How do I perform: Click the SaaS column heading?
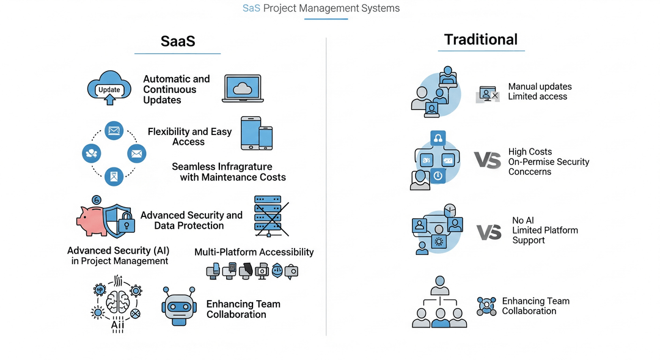pyautogui.click(x=178, y=42)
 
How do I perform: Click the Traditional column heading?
pyautogui.click(x=481, y=40)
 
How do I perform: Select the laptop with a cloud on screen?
pyautogui.click(x=243, y=89)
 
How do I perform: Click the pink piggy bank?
pyautogui.click(x=91, y=220)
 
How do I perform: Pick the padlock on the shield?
pyautogui.click(x=127, y=222)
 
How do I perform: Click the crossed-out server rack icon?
pyautogui.click(x=271, y=216)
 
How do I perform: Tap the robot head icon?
pyautogui.click(x=179, y=306)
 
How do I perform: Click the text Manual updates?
pyautogui.click(x=540, y=86)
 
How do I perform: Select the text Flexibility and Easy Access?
pyautogui.click(x=189, y=136)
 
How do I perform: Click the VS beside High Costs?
pyautogui.click(x=488, y=160)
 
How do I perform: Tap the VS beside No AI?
pyautogui.click(x=489, y=232)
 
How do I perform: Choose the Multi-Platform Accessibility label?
pyautogui.click(x=254, y=252)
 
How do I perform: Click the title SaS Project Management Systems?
pyautogui.click(x=321, y=8)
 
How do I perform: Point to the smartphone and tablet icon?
pyautogui.click(x=257, y=133)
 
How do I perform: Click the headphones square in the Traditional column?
pyautogui.click(x=438, y=138)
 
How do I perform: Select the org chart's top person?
pyautogui.click(x=440, y=285)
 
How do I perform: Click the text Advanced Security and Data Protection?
pyautogui.click(x=191, y=220)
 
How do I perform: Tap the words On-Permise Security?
pyautogui.click(x=548, y=162)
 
